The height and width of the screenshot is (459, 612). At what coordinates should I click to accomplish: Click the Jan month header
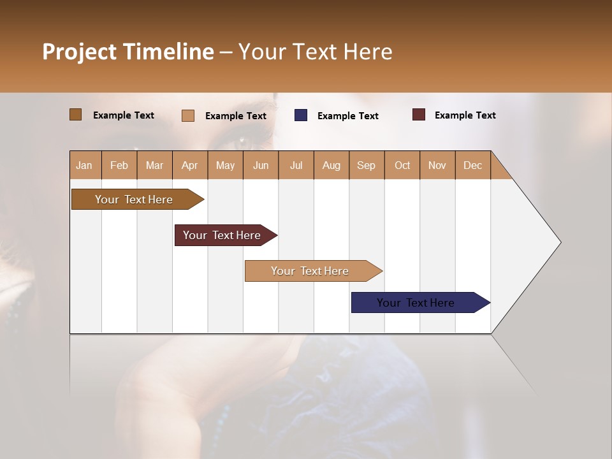(85, 165)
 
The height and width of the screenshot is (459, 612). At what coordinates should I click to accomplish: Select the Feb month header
(119, 165)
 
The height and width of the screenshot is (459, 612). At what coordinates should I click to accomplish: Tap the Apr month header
(189, 165)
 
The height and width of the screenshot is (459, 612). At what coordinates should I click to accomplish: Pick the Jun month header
(261, 165)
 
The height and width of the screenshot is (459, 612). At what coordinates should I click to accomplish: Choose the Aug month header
(331, 165)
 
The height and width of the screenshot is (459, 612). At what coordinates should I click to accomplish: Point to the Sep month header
(366, 165)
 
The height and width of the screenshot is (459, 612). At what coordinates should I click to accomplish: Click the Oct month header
(402, 165)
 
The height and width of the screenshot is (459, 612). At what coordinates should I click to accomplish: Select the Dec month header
(472, 165)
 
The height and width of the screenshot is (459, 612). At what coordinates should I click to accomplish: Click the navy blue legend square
(301, 115)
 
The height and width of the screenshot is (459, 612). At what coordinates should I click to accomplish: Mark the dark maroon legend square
(418, 115)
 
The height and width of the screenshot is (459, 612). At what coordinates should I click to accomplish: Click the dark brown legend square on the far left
(76, 115)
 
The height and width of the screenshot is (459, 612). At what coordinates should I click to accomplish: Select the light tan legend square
(188, 115)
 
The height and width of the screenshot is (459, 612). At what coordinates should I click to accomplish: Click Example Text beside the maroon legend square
(465, 115)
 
